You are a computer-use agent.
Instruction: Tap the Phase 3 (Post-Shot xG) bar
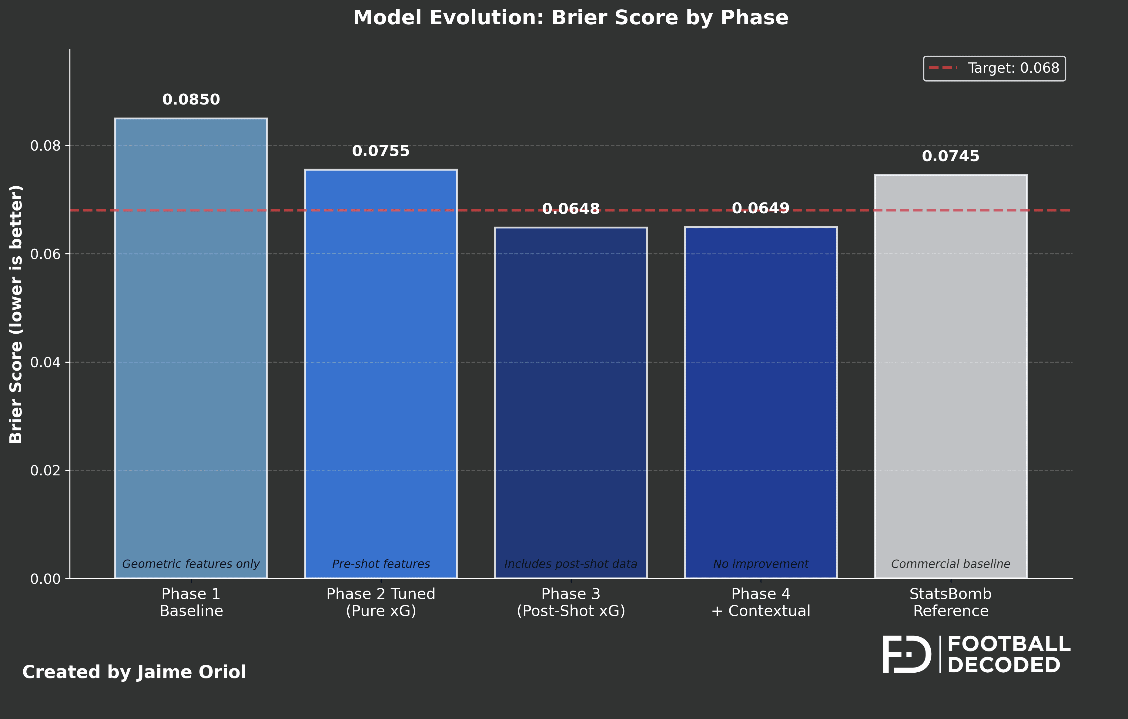point(571,403)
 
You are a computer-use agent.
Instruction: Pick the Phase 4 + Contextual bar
point(761,403)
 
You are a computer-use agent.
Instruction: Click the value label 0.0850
point(191,100)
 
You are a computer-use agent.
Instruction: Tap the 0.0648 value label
point(571,209)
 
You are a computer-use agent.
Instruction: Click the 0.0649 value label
point(761,208)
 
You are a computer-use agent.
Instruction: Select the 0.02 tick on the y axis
point(45,471)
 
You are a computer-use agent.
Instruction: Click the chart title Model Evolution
point(571,18)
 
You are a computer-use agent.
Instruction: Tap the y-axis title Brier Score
point(16,314)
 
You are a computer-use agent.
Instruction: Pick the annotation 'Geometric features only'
point(191,564)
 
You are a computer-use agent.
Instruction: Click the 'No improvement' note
point(761,564)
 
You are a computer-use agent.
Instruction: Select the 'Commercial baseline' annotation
point(950,564)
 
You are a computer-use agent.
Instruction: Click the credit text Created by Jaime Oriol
point(134,672)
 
